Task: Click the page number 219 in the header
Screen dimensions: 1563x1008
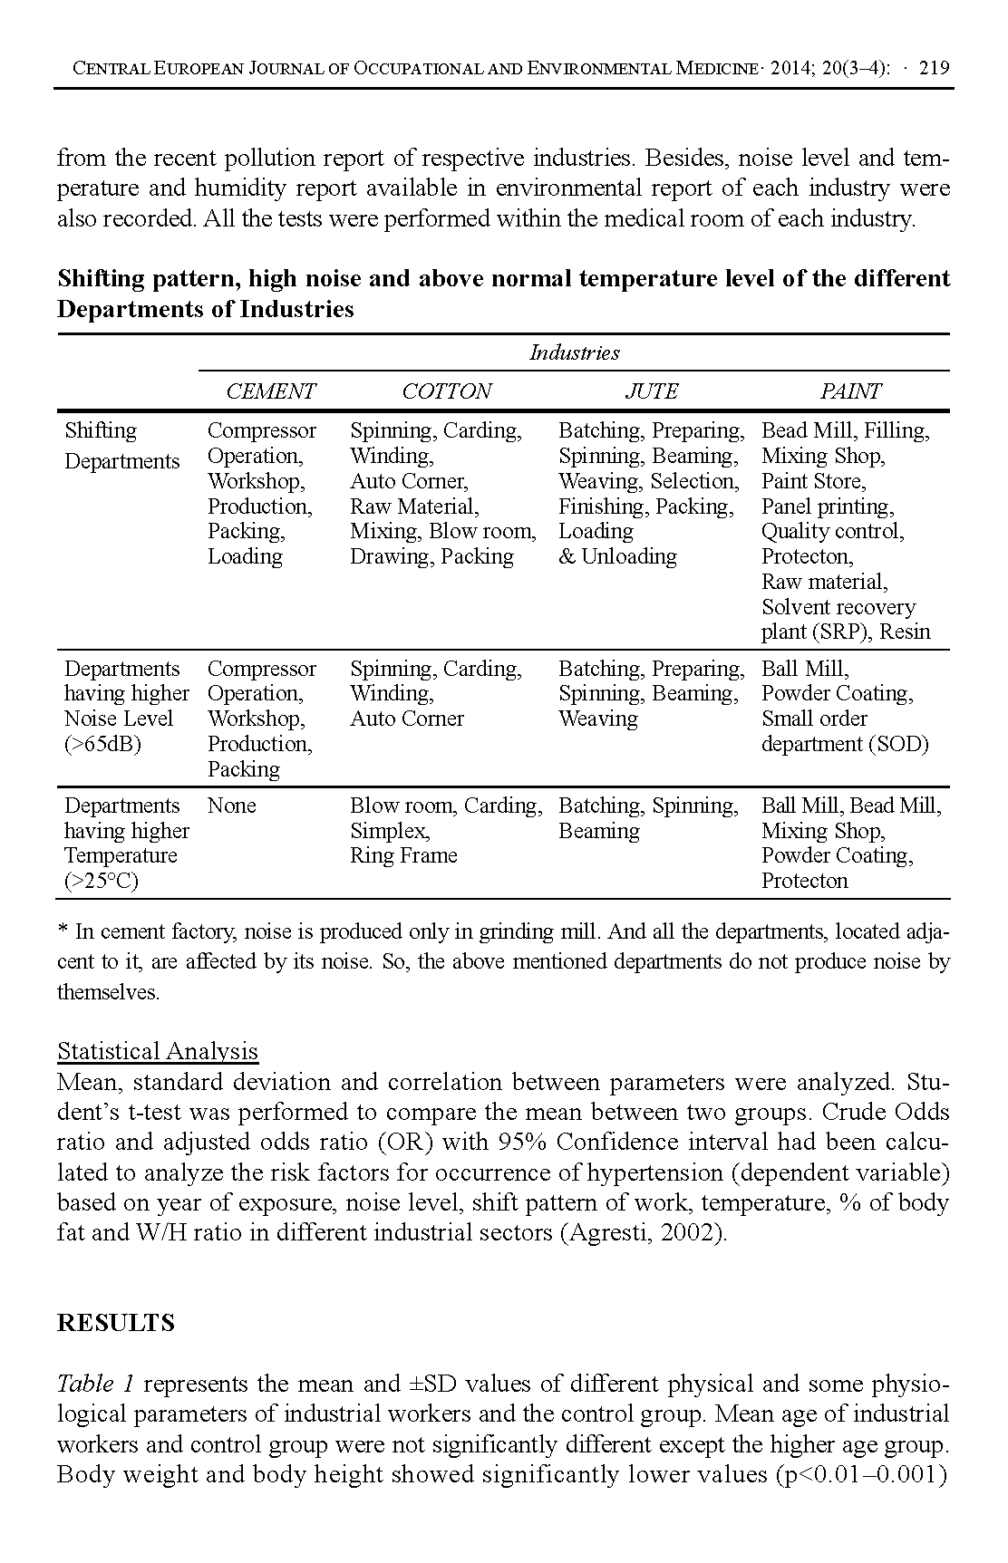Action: [x=934, y=68]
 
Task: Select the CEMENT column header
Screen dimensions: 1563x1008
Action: [x=270, y=391]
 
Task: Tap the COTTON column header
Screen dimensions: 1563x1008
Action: [x=446, y=391]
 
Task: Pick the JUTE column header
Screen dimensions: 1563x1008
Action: [x=651, y=391]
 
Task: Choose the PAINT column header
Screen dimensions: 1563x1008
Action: [x=849, y=391]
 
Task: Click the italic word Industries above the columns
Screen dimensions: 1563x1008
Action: [x=575, y=352]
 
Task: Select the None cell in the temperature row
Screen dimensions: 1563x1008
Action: [x=231, y=806]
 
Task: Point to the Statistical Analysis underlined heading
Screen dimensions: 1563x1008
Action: [x=158, y=1051]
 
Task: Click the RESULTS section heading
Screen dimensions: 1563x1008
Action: [x=115, y=1323]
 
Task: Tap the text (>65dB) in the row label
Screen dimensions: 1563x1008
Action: [x=102, y=744]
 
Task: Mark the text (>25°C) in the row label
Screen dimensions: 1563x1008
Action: [x=101, y=881]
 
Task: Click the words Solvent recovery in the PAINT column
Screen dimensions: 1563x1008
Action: [x=838, y=607]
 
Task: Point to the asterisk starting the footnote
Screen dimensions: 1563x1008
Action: [x=63, y=931]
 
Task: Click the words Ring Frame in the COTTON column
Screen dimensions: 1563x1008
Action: [x=403, y=855]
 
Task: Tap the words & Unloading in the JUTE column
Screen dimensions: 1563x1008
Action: [x=617, y=556]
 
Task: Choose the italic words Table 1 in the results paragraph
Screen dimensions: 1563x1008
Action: [x=95, y=1384]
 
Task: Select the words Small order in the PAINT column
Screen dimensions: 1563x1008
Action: [x=814, y=719]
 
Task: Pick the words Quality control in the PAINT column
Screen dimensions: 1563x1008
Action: [x=831, y=531]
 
